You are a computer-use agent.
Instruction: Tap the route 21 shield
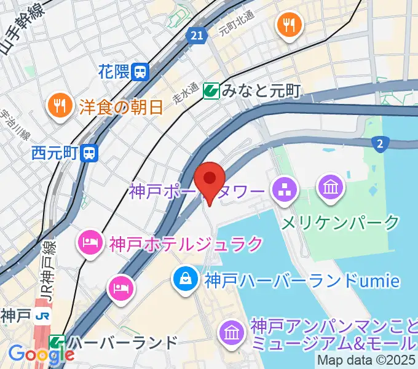click(x=196, y=36)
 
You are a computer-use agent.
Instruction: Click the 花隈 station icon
click(x=141, y=72)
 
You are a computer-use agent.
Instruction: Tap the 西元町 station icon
click(x=91, y=152)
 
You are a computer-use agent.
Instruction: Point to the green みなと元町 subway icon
click(x=211, y=91)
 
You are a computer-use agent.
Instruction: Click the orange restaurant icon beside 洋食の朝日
click(x=60, y=106)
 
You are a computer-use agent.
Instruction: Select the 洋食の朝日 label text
click(x=120, y=107)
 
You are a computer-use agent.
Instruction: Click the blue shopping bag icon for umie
click(x=184, y=280)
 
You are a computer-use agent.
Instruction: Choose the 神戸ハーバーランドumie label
click(x=302, y=281)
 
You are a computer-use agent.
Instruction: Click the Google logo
click(x=41, y=354)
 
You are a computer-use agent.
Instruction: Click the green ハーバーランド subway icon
click(x=57, y=342)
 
